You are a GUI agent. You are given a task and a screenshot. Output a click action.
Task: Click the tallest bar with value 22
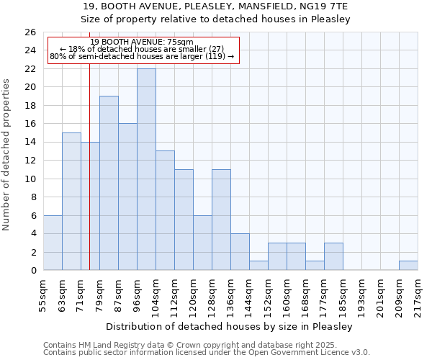[x=146, y=169]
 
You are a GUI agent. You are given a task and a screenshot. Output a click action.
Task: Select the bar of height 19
[x=109, y=183]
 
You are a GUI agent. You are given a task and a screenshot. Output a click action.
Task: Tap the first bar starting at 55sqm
[x=53, y=243]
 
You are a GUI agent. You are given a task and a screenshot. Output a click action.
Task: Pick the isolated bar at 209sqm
[x=408, y=266]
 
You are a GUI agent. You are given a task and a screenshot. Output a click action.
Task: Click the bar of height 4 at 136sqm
[x=240, y=252]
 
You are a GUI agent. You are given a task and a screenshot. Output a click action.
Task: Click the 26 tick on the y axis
[x=30, y=32]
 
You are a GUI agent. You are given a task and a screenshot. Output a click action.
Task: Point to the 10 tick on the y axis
[x=30, y=179]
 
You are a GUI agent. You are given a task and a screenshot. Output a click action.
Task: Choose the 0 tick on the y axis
[x=33, y=271]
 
